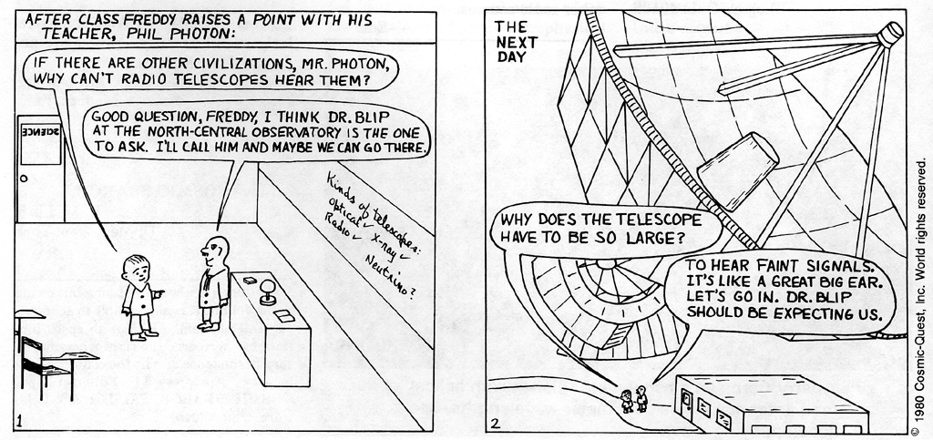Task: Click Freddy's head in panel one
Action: (137, 269)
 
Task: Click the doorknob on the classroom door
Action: (25, 178)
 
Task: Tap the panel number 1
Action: (20, 421)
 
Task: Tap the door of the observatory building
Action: (686, 402)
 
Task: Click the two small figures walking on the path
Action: (633, 399)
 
